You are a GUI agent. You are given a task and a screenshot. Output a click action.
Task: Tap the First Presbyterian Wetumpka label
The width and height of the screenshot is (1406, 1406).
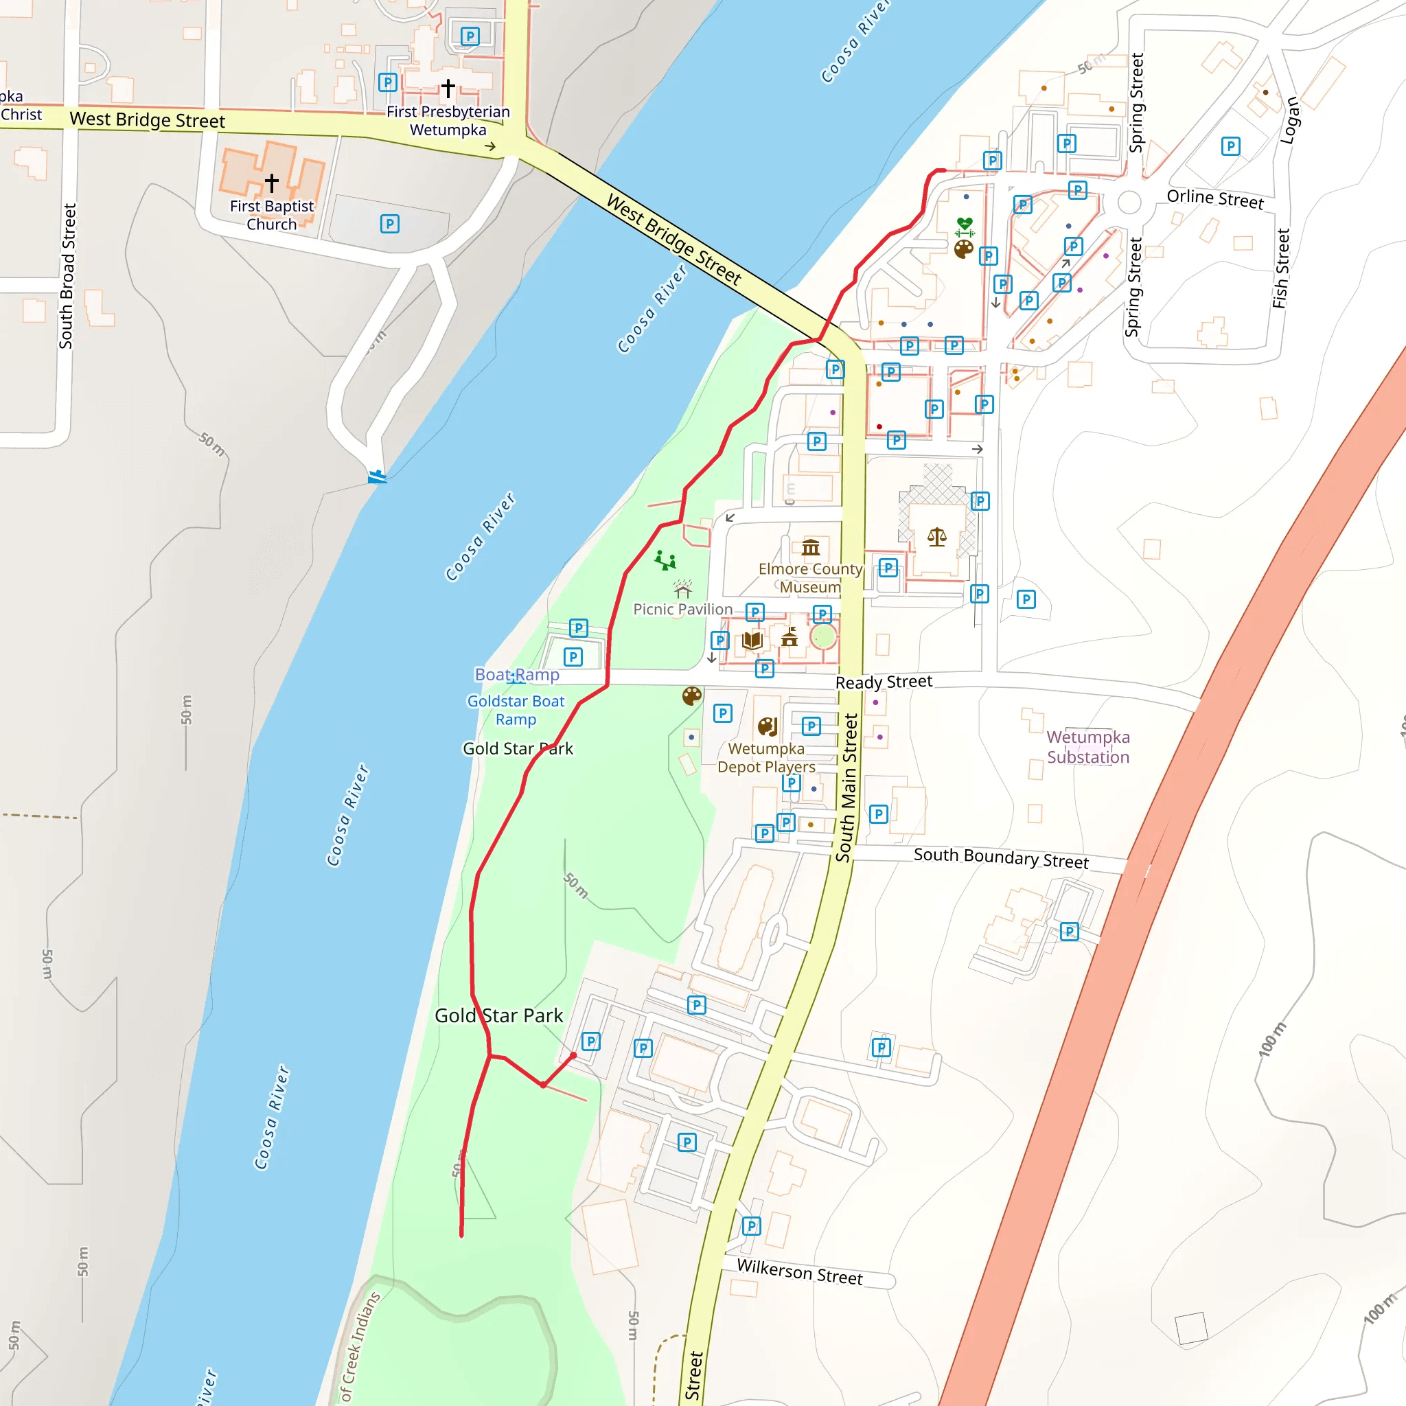[x=448, y=121]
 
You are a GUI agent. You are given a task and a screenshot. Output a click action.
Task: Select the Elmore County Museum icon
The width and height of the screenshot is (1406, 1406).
[x=811, y=546]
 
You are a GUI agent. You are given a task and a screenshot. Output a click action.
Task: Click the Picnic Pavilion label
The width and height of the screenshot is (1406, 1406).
[x=682, y=609]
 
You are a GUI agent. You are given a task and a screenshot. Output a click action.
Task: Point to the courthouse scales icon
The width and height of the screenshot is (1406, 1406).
[x=936, y=538]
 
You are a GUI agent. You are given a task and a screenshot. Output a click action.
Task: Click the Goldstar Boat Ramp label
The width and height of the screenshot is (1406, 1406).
[x=516, y=711]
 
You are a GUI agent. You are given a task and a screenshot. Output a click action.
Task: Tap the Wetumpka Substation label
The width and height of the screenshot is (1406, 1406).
[x=1088, y=747]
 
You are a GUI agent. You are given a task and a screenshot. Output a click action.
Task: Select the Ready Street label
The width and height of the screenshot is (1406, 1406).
[x=884, y=682]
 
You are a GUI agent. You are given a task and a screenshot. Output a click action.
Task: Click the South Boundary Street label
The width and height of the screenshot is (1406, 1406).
[x=1001, y=858]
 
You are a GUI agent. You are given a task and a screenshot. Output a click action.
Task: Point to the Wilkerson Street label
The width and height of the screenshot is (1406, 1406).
[x=799, y=1271]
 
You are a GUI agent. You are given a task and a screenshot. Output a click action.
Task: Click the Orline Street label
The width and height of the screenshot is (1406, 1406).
[x=1214, y=198]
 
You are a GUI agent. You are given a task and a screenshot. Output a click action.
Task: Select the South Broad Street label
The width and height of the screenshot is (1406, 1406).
[x=67, y=276]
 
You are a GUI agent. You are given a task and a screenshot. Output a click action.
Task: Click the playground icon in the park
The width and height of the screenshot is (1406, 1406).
[x=665, y=560]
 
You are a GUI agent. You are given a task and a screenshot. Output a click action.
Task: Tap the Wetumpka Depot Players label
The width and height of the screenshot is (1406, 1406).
[x=765, y=758]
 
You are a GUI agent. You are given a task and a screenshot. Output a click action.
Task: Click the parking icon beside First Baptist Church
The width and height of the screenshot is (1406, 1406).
[x=389, y=224]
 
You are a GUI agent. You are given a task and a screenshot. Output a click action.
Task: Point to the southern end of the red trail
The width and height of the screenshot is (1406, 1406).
[x=461, y=1235]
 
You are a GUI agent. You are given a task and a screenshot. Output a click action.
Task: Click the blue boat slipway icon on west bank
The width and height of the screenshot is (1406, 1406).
[x=377, y=477]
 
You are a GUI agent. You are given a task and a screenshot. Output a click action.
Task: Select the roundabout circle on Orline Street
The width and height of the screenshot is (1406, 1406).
[x=1129, y=203]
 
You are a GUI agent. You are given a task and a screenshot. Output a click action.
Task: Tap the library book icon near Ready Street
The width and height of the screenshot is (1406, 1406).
[x=752, y=641]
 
